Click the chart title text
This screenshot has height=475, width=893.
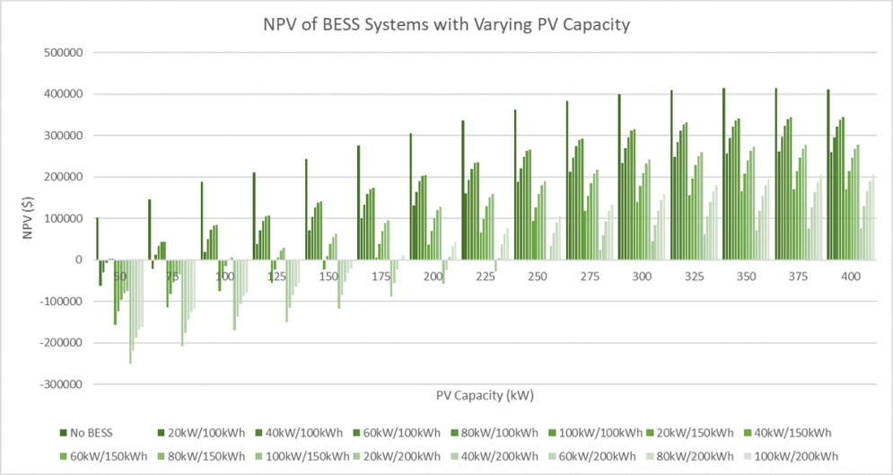446,24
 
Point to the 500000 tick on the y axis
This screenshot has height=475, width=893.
63,52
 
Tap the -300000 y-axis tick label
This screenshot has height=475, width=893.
61,384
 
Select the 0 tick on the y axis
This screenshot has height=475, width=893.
79,260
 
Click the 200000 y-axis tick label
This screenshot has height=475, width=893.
63,177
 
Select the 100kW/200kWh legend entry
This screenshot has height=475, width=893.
793,456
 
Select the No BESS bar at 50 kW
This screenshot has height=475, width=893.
97,239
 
